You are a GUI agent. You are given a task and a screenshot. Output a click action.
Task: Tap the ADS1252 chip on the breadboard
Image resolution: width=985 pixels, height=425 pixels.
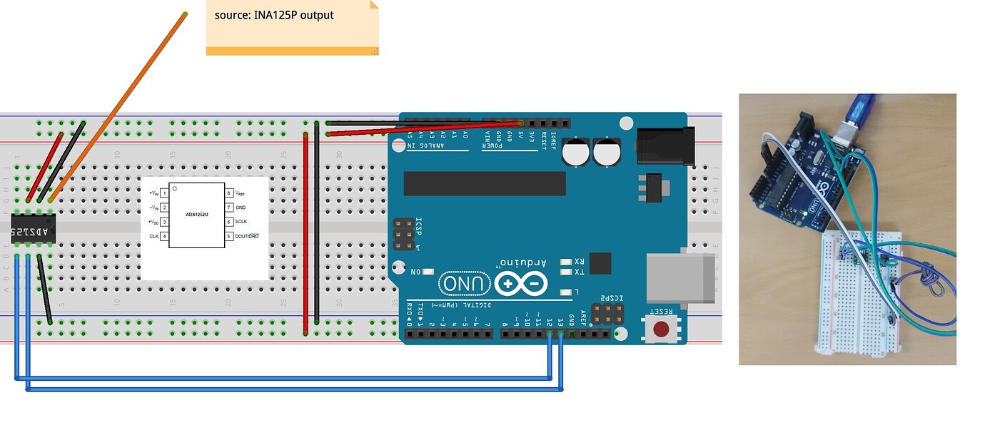33,232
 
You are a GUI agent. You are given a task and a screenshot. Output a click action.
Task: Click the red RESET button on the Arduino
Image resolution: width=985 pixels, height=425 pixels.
662,329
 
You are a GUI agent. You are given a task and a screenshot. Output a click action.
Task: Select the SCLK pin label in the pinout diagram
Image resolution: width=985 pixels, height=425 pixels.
241,222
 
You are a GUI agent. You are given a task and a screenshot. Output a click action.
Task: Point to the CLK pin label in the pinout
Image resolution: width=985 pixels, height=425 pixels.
153,236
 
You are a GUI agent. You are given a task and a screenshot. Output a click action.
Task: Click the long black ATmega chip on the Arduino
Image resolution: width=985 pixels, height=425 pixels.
485,183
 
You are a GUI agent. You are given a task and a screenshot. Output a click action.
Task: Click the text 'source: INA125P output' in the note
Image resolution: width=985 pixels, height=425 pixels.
274,15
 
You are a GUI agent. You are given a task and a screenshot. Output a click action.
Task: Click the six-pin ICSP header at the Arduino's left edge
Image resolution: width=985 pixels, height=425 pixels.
403,235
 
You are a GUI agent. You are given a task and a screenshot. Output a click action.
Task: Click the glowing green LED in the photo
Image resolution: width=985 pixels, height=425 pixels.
804,212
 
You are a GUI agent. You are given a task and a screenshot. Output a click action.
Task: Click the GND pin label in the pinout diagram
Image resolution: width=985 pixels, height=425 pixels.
240,208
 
